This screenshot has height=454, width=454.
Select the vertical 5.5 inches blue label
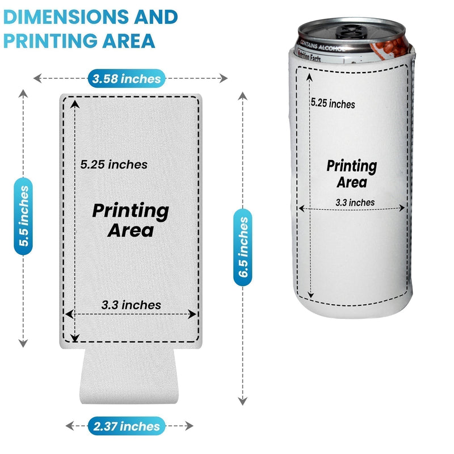(23, 215)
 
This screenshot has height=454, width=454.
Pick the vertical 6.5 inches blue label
(243, 247)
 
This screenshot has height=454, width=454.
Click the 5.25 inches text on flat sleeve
(113, 165)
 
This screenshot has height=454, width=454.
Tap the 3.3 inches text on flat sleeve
(131, 305)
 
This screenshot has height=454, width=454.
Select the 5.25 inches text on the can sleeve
(333, 104)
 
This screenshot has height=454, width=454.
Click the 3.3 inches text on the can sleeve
(355, 202)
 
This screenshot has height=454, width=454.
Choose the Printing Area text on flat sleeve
(131, 220)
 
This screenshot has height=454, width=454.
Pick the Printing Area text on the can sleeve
(352, 174)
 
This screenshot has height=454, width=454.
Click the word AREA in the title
(131, 41)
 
